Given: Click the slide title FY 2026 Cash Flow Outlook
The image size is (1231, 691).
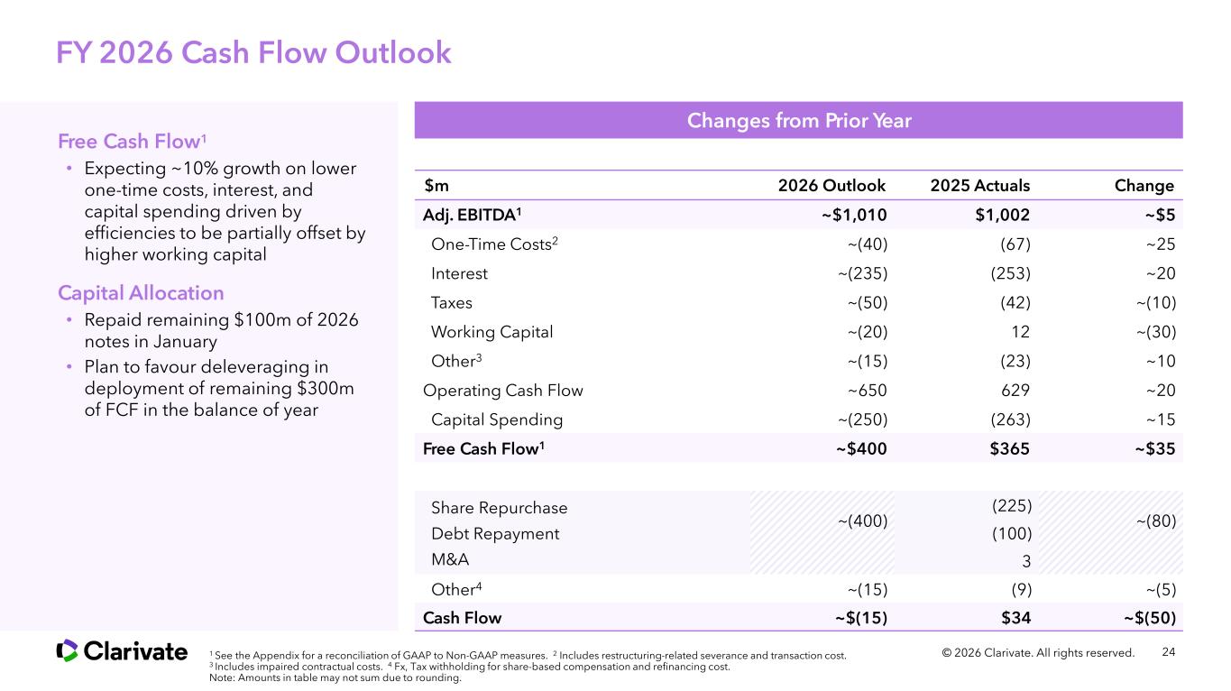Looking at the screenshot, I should pyautogui.click(x=253, y=53).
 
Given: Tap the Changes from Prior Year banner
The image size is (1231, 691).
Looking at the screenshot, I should pyautogui.click(x=798, y=121).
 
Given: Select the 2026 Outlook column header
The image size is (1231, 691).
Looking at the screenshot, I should pyautogui.click(x=831, y=186).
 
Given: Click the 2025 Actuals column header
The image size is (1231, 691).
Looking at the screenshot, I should pyautogui.click(x=979, y=186).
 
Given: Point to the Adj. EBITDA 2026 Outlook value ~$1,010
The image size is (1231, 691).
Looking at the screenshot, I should pyautogui.click(x=852, y=215).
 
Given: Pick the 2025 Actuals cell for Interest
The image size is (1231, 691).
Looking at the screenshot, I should pyautogui.click(x=1005, y=273).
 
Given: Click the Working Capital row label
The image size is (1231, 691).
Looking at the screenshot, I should pyautogui.click(x=491, y=332).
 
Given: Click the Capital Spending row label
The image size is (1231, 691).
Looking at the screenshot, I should pyautogui.click(x=497, y=419).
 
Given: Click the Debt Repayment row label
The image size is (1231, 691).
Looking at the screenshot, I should pyautogui.click(x=495, y=534).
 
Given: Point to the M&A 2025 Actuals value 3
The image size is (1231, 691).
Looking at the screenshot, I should pyautogui.click(x=1025, y=561).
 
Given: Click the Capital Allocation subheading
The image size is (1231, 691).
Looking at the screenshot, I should pyautogui.click(x=141, y=293).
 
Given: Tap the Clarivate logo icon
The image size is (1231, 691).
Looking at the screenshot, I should pyautogui.click(x=67, y=650).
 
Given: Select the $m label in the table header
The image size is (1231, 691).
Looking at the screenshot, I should pyautogui.click(x=436, y=186).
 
